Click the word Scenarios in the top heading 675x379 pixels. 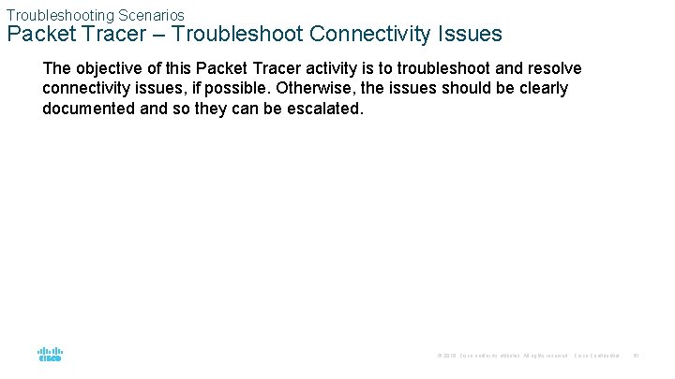pyautogui.click(x=151, y=15)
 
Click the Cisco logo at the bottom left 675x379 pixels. pyautogui.click(x=50, y=355)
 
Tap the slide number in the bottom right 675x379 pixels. pyautogui.click(x=636, y=356)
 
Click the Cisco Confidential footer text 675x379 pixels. pyautogui.click(x=596, y=356)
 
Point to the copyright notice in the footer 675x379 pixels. pyautogui.click(x=502, y=356)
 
